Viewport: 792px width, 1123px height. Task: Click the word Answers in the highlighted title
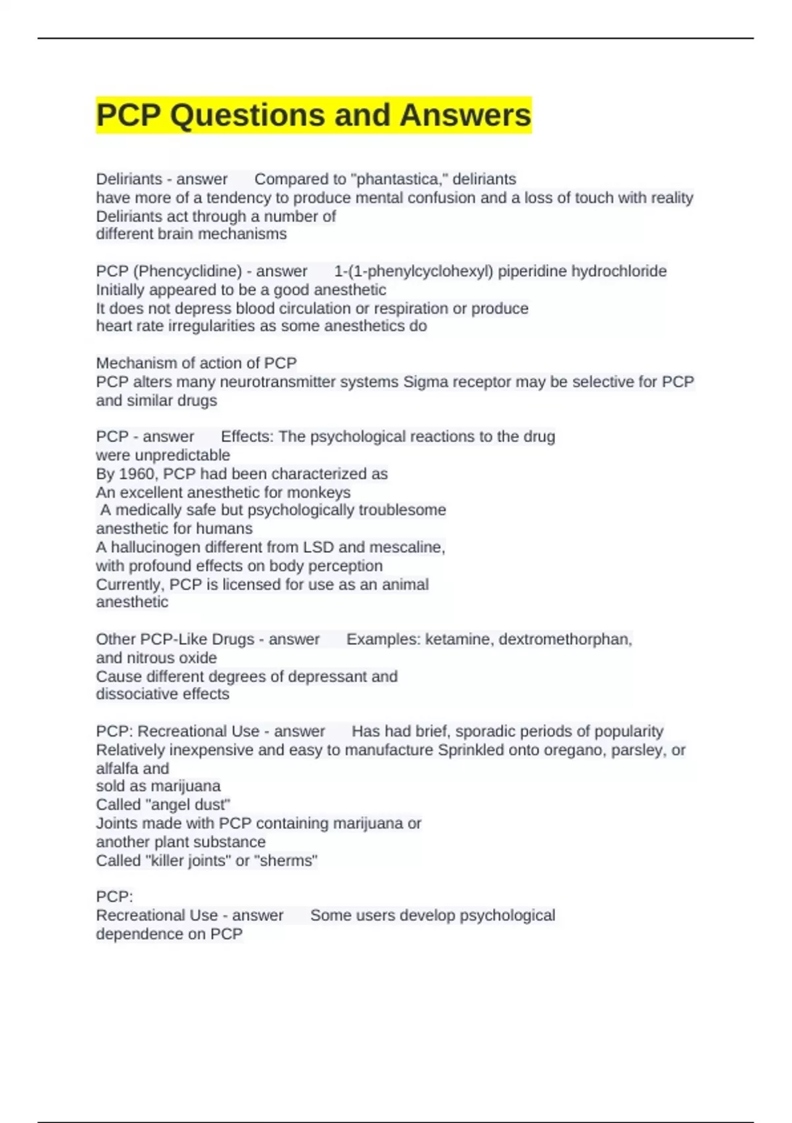(x=465, y=115)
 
